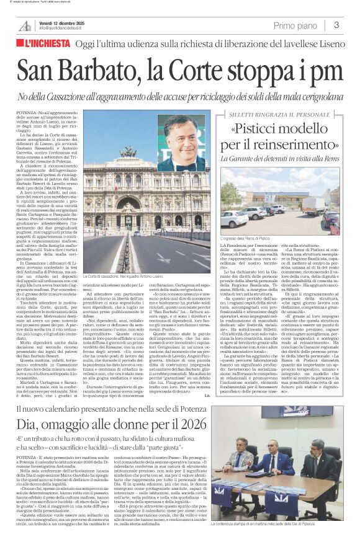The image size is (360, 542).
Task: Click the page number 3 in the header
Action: coord(336,25)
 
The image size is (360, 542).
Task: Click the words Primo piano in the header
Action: coord(294,25)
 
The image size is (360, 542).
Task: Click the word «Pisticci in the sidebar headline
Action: coord(261,130)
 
